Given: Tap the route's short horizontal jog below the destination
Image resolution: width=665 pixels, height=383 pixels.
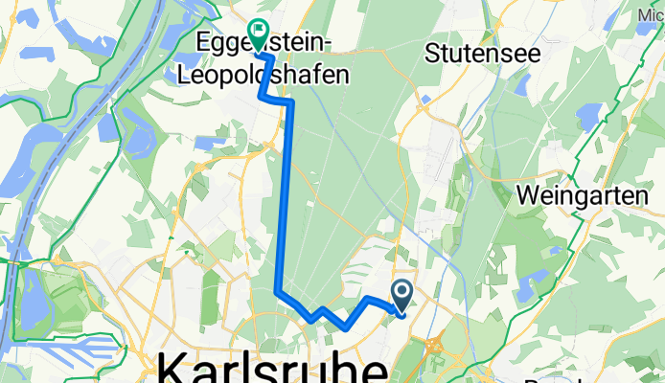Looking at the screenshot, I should point(277,100).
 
